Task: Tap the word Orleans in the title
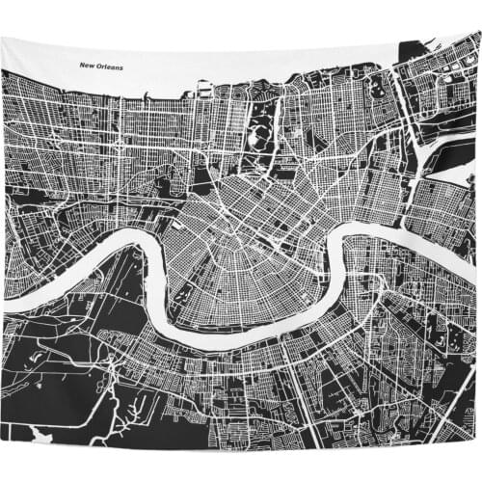(x=115, y=67)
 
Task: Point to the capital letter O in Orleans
(x=102, y=67)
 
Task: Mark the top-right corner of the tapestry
(x=479, y=32)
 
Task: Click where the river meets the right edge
(x=477, y=244)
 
